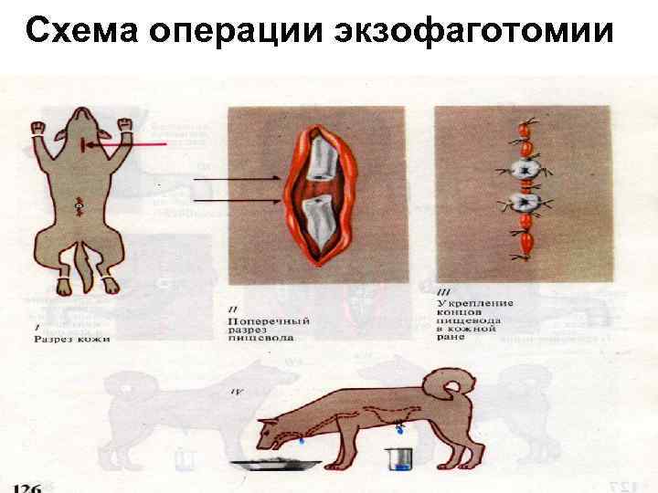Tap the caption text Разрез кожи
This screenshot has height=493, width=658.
tap(72, 339)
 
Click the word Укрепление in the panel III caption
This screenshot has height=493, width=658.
tap(475, 302)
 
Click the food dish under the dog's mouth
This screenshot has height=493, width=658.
tap(274, 463)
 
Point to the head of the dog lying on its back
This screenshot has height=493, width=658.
tap(79, 137)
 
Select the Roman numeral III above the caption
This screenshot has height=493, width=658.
tap(445, 289)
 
